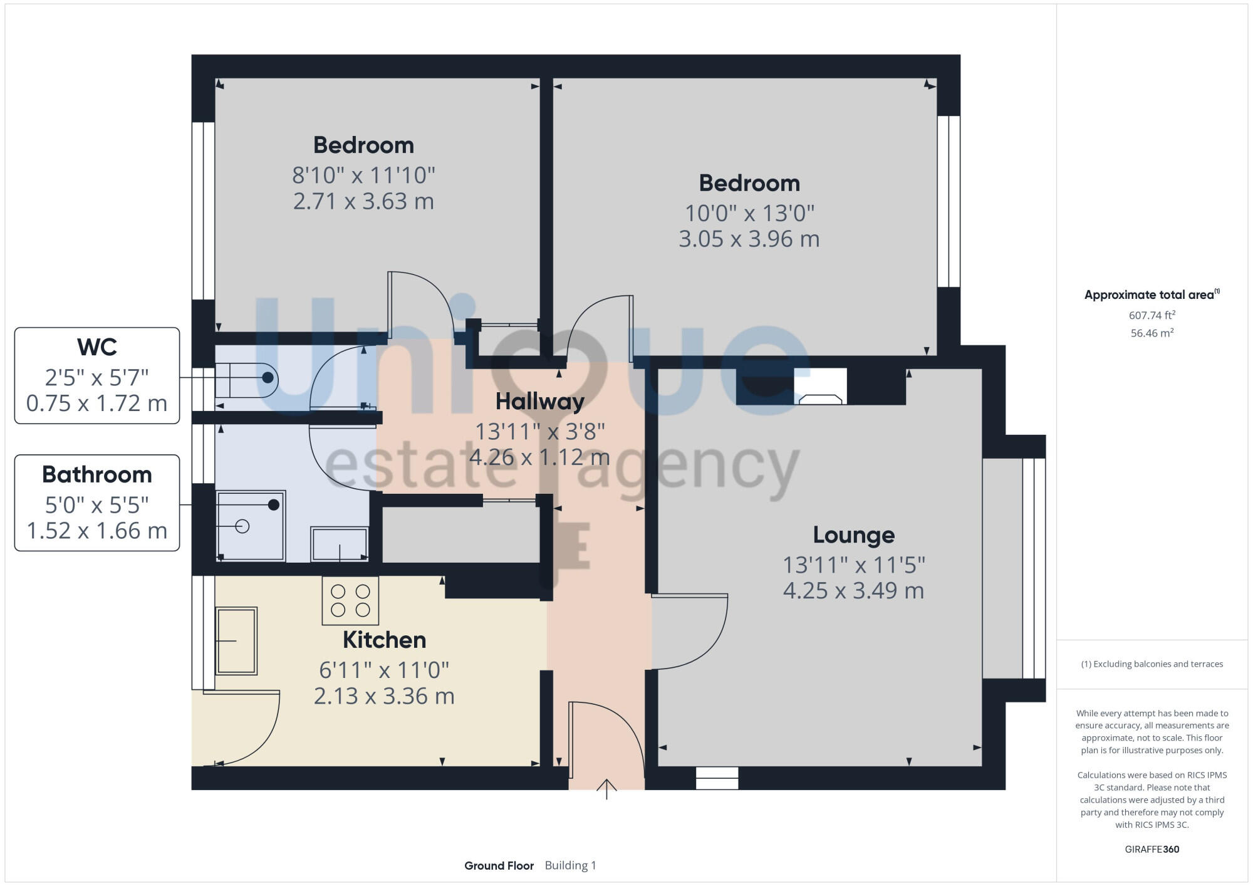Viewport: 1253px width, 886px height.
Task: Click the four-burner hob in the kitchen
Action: [350, 600]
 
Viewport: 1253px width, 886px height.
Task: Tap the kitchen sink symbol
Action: [236, 640]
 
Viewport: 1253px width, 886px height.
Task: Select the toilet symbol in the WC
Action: [246, 378]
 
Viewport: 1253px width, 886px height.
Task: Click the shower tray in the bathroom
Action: [251, 526]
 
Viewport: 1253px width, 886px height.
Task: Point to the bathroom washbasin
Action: [340, 545]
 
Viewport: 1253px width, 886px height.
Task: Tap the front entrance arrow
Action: [606, 789]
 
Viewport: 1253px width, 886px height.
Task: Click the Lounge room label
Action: [853, 534]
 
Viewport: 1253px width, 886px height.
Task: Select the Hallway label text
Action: [539, 401]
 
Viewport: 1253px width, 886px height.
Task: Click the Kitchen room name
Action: [384, 640]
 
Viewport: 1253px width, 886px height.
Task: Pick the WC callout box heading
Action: [97, 347]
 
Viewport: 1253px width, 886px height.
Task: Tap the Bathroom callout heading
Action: [97, 474]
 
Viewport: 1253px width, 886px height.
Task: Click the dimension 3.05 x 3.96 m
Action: [749, 239]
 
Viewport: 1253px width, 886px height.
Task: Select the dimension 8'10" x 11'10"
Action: [363, 175]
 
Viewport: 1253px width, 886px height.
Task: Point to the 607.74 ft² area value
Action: [1152, 315]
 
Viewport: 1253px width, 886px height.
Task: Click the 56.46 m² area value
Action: [1152, 333]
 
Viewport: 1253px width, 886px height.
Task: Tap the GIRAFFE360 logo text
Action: [1152, 849]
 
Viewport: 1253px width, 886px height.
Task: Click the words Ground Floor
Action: [499, 865]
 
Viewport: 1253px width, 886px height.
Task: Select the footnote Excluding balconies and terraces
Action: [1152, 664]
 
